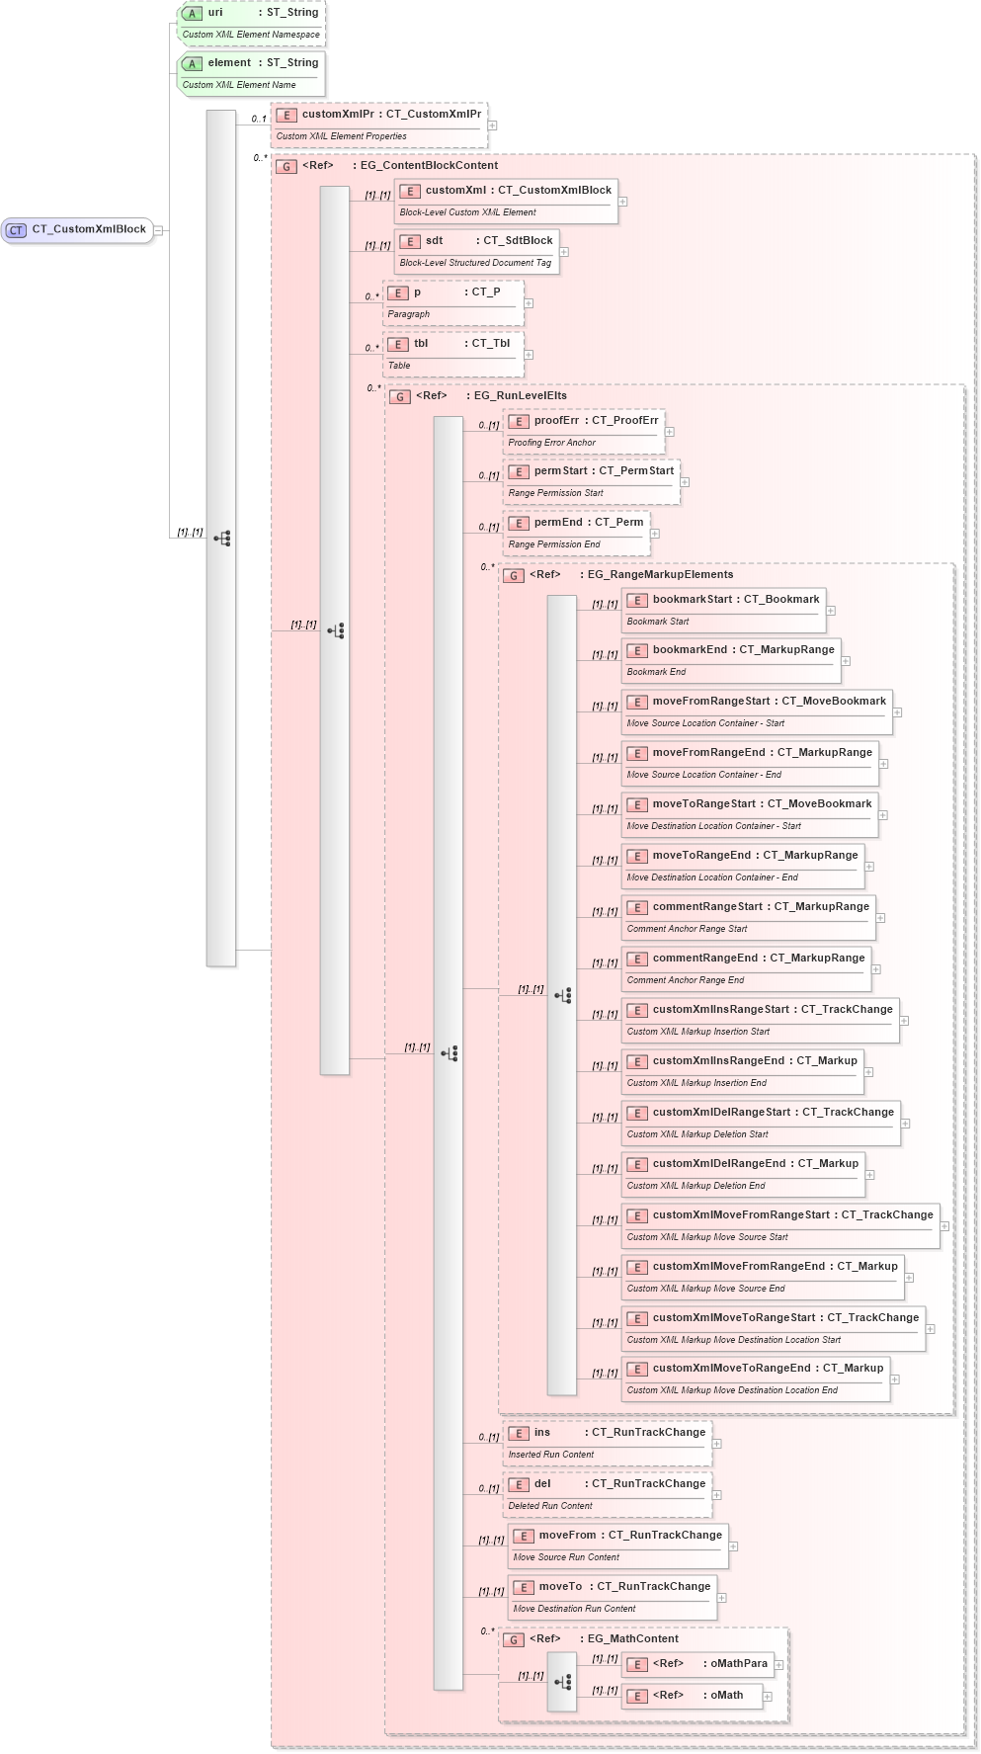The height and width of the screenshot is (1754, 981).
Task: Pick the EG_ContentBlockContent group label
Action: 428,166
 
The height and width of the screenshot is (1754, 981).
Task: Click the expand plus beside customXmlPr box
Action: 492,125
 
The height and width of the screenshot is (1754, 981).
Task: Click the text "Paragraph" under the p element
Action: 409,314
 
